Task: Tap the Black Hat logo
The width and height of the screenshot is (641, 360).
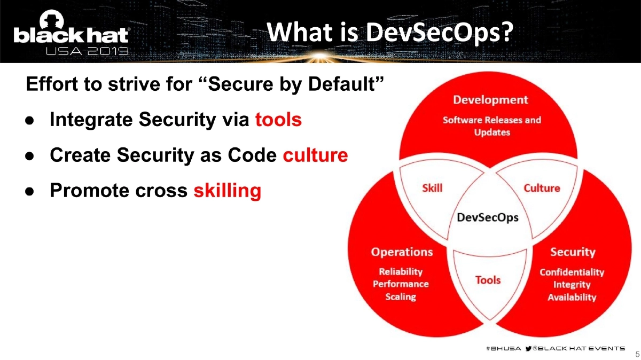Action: (71, 35)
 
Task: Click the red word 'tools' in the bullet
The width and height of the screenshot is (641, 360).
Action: (278, 120)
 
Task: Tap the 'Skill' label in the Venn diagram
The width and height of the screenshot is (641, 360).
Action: (432, 188)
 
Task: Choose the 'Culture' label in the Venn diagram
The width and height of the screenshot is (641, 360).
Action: (542, 188)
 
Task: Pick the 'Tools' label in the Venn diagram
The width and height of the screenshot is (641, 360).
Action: (488, 279)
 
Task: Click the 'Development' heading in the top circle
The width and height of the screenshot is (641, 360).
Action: (490, 100)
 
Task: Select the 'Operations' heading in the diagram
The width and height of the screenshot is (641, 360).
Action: (402, 252)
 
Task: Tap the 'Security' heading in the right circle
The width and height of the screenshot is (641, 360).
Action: (573, 252)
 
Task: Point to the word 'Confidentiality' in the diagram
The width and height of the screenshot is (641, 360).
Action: (572, 272)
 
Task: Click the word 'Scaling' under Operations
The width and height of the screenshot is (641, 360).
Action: (401, 296)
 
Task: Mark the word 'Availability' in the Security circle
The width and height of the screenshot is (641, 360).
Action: (572, 297)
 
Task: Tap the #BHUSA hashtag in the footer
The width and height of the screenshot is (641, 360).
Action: (501, 348)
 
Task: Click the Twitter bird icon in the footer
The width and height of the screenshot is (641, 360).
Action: (529, 348)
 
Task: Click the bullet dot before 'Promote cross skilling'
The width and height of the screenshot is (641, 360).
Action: (30, 191)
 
